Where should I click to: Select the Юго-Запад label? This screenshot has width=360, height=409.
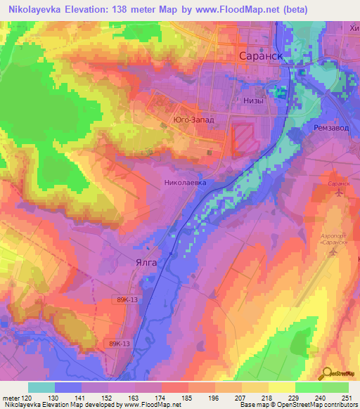(193, 121)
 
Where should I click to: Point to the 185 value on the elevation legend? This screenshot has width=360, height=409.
(187, 397)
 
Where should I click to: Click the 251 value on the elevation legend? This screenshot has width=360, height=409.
(346, 397)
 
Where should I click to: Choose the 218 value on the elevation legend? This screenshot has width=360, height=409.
(266, 397)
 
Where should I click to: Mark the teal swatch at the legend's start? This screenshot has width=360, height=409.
(41, 387)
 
